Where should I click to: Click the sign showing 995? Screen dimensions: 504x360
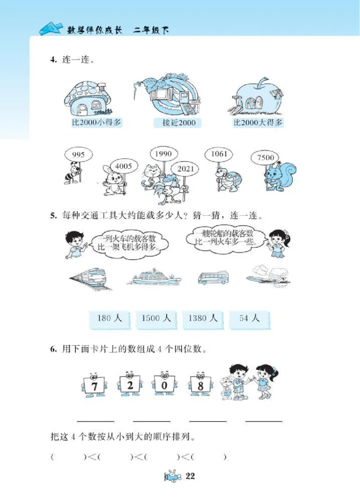tap(78, 155)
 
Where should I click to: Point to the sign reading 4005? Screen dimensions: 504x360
tap(123, 167)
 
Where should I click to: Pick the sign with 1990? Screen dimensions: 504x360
tap(163, 154)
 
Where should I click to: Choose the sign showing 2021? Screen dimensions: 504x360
tap(185, 169)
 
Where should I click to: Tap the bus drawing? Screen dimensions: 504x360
tap(213, 277)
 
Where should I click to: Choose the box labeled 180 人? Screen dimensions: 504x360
tap(109, 318)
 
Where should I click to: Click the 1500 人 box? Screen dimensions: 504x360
tap(156, 318)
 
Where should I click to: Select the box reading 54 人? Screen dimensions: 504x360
tap(249, 318)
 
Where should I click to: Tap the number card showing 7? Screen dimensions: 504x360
tap(94, 386)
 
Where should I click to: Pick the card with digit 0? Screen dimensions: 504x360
tap(165, 386)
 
